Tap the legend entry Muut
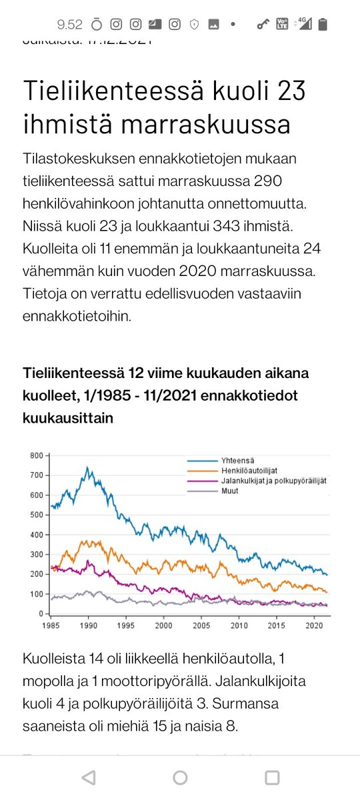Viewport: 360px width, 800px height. pos(230,491)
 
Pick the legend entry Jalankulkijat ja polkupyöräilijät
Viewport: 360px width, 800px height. pos(273,481)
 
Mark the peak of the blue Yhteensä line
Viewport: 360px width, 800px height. pos(88,468)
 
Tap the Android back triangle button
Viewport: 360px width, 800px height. pos(88,777)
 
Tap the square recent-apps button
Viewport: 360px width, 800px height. pos(271,777)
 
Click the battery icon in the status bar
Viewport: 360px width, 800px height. pos(323,25)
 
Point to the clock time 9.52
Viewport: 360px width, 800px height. pos(70,25)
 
